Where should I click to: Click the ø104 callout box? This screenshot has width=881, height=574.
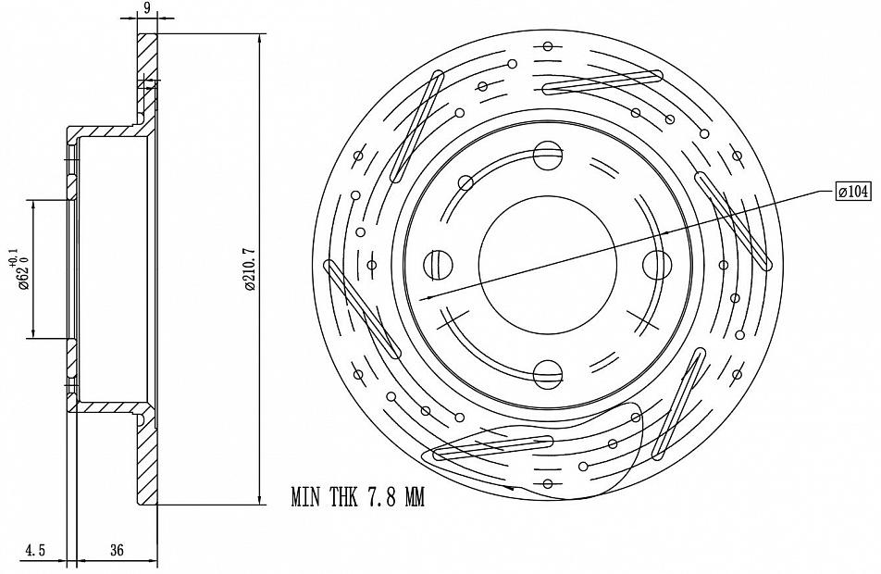point(853,192)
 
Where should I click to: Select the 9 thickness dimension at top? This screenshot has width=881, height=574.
point(147,7)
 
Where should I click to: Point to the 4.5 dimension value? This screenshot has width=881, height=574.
point(35,550)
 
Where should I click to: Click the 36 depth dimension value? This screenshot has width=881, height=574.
point(117,550)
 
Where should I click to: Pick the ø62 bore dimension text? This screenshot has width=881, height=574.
point(23,273)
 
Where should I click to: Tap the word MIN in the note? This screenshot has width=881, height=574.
point(305,497)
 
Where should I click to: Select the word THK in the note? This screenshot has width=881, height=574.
point(343,497)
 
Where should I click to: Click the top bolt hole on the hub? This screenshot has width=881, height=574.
point(547,156)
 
